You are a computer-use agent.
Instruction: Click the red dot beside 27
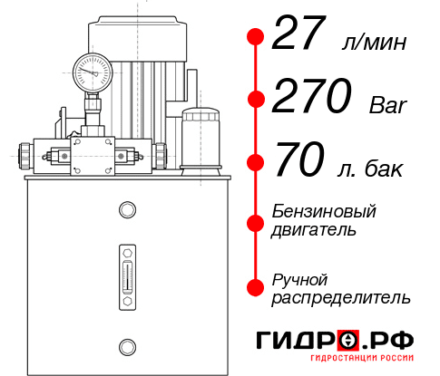tap(255, 37)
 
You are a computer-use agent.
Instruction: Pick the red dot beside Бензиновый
tap(255, 222)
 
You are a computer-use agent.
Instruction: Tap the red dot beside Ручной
tap(255, 285)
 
